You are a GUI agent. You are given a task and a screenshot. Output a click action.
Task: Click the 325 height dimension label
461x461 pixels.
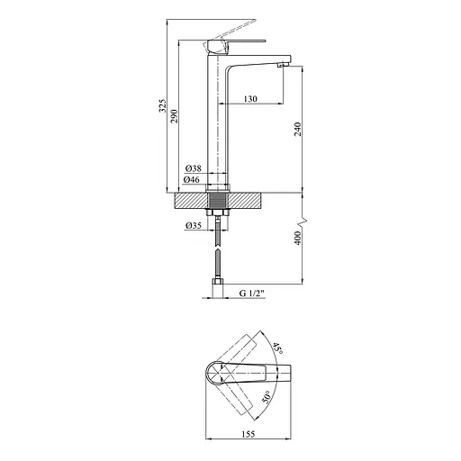[x=162, y=105]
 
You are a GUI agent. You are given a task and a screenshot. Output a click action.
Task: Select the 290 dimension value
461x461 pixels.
[x=175, y=116]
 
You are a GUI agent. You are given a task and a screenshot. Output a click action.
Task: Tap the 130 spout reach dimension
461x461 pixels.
[x=250, y=99]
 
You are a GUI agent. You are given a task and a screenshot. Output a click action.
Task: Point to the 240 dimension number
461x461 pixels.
[x=297, y=129]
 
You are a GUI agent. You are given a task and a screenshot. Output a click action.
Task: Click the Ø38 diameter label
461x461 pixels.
[x=194, y=168]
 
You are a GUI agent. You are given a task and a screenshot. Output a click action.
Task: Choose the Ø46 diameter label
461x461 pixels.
[x=192, y=180]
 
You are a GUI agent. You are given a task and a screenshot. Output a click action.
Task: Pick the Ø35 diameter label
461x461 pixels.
[x=194, y=225]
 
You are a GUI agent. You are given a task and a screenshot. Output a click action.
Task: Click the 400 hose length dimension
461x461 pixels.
[x=297, y=238]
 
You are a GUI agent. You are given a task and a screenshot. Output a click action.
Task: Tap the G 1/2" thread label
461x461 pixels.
[x=252, y=294]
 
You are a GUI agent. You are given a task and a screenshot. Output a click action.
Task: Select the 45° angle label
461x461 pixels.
[x=277, y=348]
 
